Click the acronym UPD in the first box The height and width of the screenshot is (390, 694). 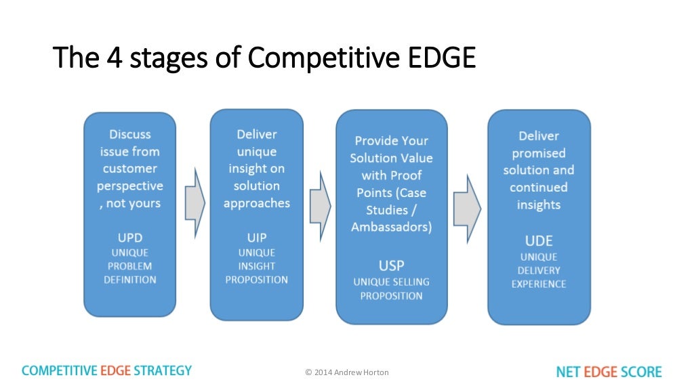[129, 238]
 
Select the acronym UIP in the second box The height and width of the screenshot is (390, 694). [256, 238]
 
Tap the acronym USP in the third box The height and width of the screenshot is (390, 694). [391, 265]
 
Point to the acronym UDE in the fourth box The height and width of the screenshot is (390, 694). [539, 241]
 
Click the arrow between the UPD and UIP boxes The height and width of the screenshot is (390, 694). [195, 203]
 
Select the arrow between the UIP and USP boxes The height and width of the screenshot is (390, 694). [320, 203]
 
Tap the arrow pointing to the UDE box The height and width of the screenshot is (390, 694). [467, 203]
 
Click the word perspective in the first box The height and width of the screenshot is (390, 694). [129, 186]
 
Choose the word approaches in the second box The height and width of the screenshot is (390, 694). [256, 203]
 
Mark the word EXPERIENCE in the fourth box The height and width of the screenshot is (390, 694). [539, 284]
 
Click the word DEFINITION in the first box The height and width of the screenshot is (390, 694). [129, 280]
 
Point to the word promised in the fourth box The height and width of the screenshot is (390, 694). [539, 153]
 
